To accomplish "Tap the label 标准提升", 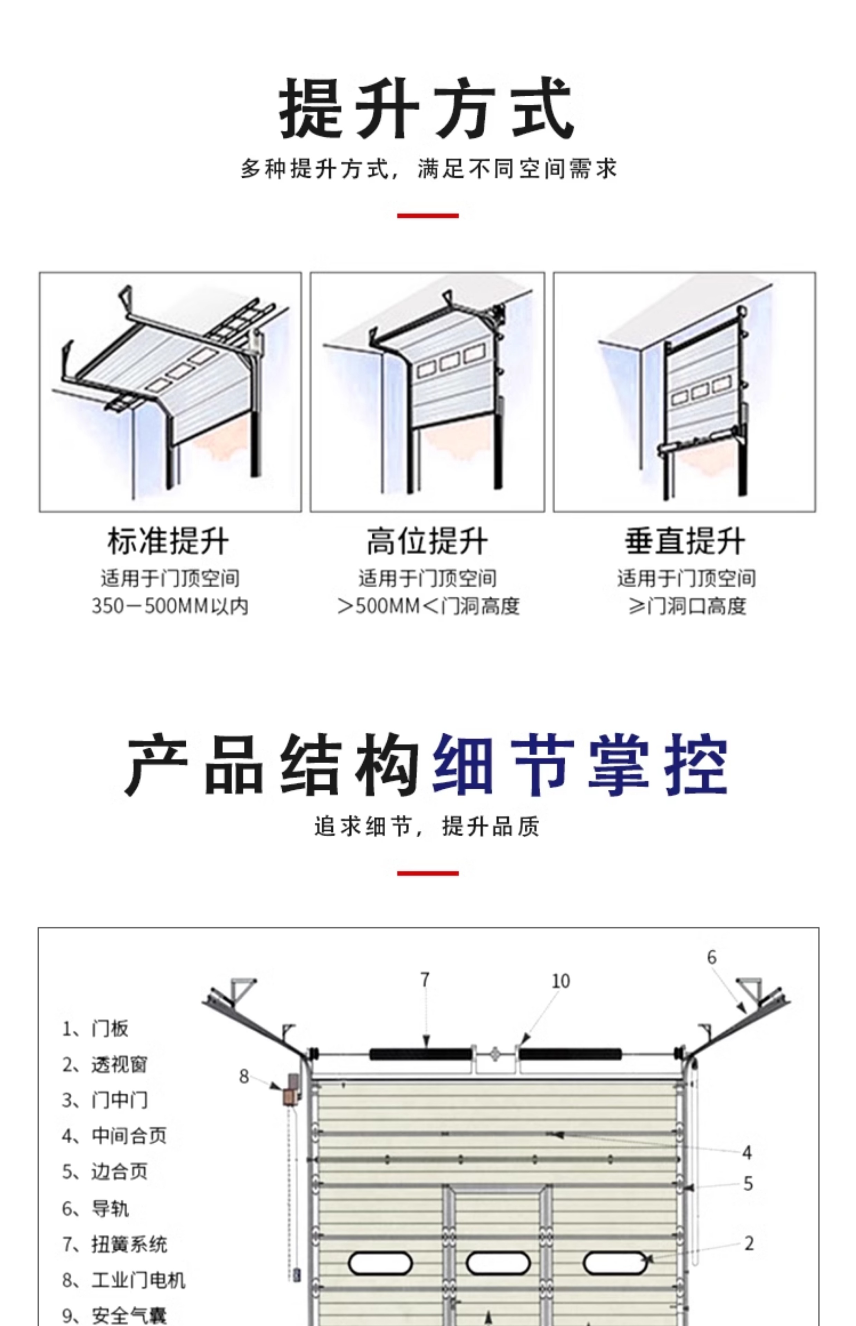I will pyautogui.click(x=168, y=541).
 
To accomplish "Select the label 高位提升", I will pyautogui.click(x=427, y=541).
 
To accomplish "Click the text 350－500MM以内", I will pyautogui.click(x=169, y=606).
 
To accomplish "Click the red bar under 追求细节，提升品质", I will pyautogui.click(x=427, y=873).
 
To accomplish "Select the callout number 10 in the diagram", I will pyautogui.click(x=560, y=981).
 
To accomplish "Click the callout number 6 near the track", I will pyautogui.click(x=711, y=958).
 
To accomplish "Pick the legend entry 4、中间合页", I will pyautogui.click(x=114, y=1135).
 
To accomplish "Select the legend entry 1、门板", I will pyautogui.click(x=95, y=1029).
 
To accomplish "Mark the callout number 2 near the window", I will pyautogui.click(x=749, y=1243).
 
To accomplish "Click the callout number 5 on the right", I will pyautogui.click(x=748, y=1184).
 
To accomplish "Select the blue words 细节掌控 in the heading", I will pyautogui.click(x=580, y=764).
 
